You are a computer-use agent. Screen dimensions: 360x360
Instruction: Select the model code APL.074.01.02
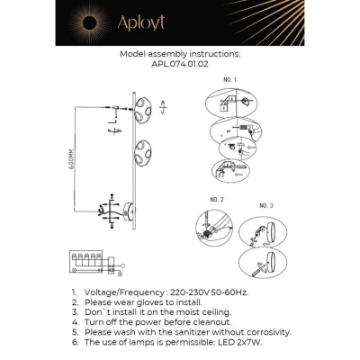pos(180,65)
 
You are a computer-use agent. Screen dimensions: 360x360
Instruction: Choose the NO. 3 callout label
pos(265,205)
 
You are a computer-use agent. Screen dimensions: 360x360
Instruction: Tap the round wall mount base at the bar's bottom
pos(132,213)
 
